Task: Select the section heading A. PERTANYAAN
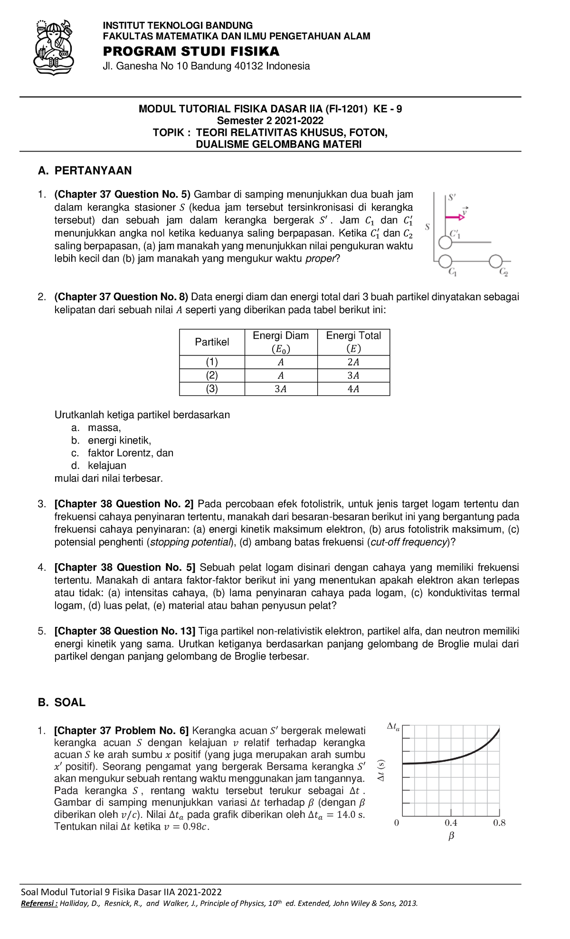tap(85, 171)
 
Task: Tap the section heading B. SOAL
tap(62, 702)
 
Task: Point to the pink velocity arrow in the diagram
tap(455, 217)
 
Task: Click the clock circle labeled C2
tap(495, 261)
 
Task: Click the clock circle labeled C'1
tap(445, 243)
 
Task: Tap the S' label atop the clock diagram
tap(452, 197)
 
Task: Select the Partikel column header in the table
tap(212, 342)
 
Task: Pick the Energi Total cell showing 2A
tap(353, 362)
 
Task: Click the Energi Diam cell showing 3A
tap(281, 389)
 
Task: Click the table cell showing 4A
tap(353, 389)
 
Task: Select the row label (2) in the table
tap(212, 375)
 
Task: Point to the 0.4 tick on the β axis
tap(451, 823)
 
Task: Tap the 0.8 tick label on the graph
tap(499, 823)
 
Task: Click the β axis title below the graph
tap(451, 835)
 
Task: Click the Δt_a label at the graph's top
tap(393, 727)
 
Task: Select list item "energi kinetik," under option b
tap(119, 441)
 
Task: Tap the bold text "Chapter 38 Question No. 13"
tap(125, 631)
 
